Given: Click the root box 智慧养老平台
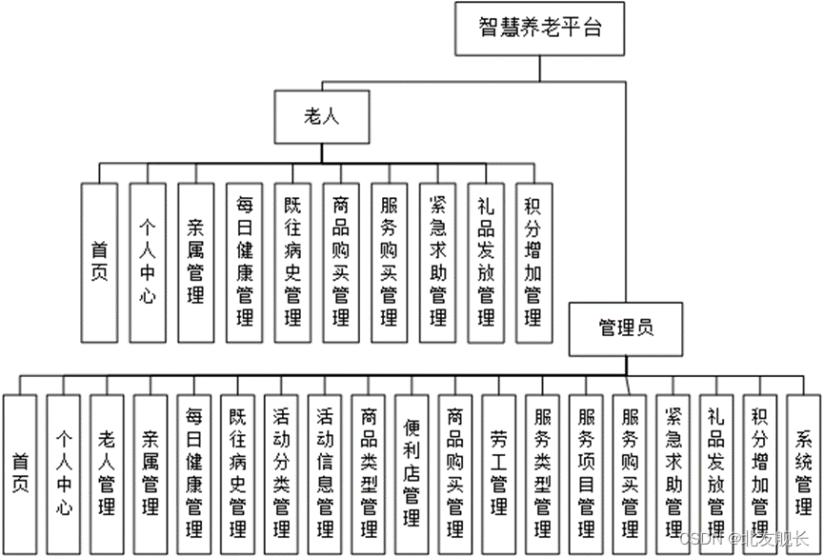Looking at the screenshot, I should pyautogui.click(x=539, y=27).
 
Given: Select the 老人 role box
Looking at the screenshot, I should pyautogui.click(x=321, y=116).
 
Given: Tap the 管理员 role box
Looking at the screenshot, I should pyautogui.click(x=626, y=328).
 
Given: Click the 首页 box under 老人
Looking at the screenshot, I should pyautogui.click(x=99, y=262).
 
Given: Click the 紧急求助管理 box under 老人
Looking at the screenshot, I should pyautogui.click(x=438, y=262).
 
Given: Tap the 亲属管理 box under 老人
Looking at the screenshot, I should pyautogui.click(x=196, y=262).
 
